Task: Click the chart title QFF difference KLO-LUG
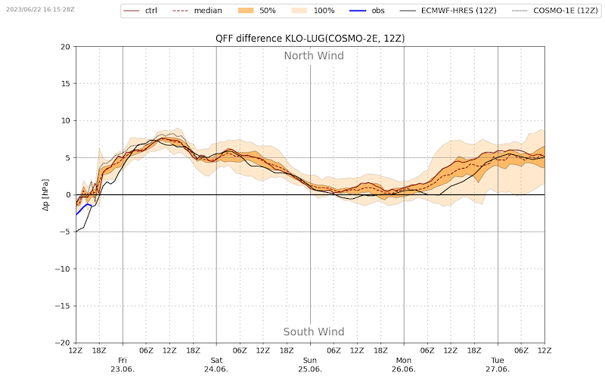coord(309,39)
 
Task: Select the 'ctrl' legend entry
coord(151,11)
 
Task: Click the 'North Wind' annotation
coord(314,56)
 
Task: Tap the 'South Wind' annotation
coord(314,332)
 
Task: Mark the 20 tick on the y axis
coord(65,47)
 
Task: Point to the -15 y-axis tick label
coord(63,306)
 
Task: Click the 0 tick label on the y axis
coord(67,195)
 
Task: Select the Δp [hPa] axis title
coord(45,195)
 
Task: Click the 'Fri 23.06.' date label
coord(123,365)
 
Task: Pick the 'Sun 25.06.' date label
coord(310,365)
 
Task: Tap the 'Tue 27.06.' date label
coord(498,365)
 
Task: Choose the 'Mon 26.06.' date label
coord(404,365)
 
